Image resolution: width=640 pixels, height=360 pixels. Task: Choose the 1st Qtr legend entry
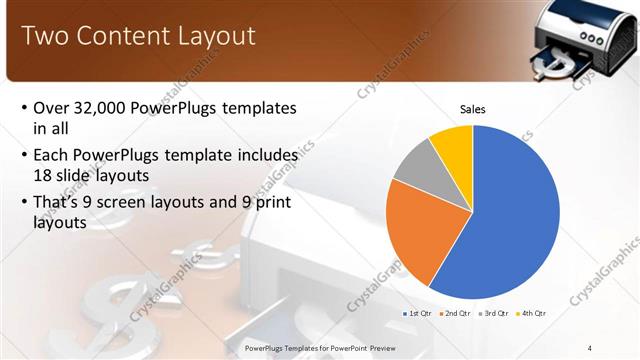417,313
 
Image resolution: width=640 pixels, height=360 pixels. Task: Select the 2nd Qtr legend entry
455,313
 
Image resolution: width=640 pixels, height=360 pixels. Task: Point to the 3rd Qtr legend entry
494,313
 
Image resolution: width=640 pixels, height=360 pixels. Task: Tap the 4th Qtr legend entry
532,313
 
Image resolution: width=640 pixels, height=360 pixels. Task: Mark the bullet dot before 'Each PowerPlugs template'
24,156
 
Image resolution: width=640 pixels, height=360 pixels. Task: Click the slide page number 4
590,348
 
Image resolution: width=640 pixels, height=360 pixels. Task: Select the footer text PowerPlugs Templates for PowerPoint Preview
320,348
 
